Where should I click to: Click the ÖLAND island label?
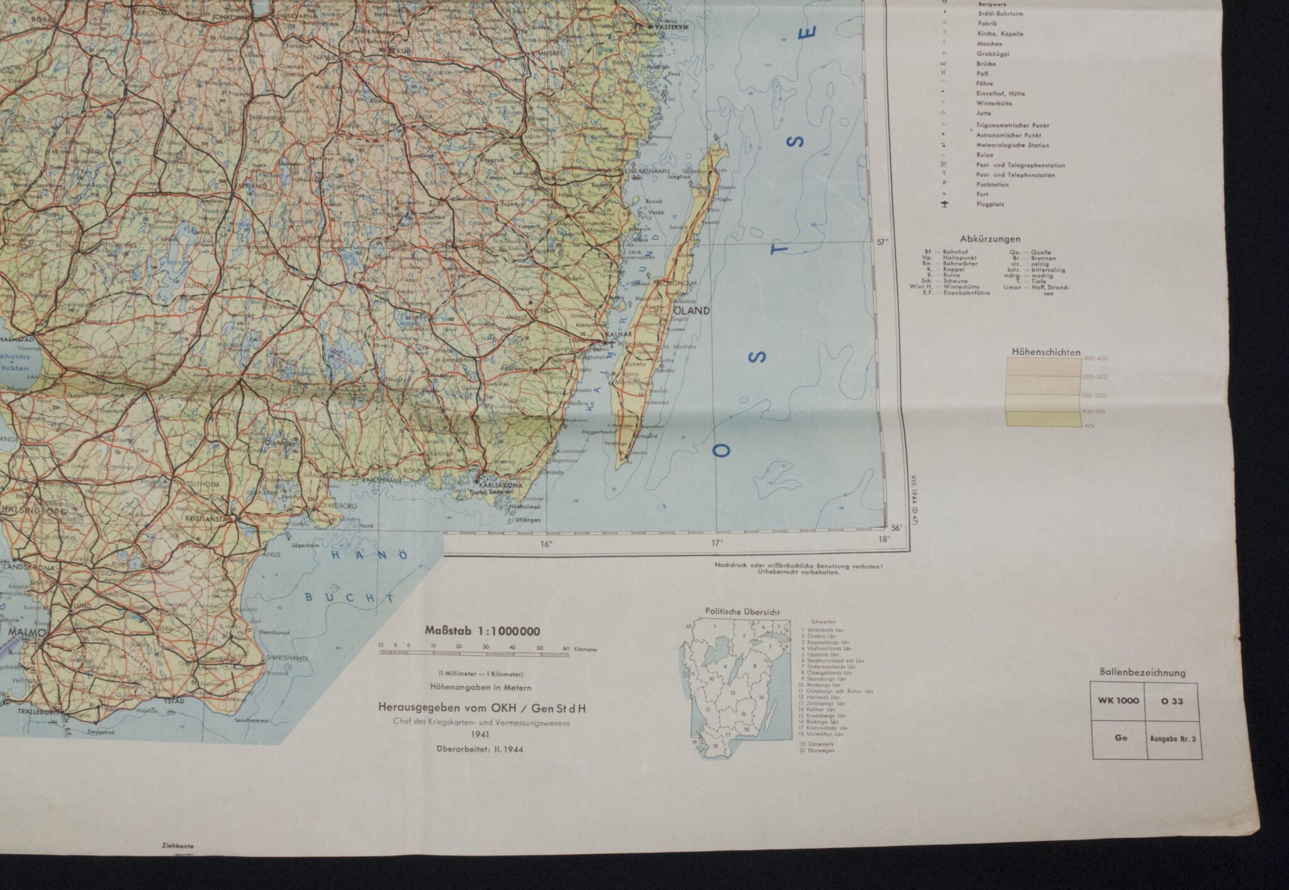(x=692, y=310)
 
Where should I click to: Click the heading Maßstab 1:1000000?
(x=482, y=631)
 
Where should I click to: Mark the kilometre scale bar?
(x=473, y=654)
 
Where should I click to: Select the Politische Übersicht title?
(x=742, y=611)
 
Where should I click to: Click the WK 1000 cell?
(x=1118, y=701)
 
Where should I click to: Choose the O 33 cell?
(x=1173, y=701)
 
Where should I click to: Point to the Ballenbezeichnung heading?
(x=1142, y=672)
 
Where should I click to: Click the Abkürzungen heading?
(x=990, y=239)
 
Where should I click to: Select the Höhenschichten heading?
(x=1046, y=352)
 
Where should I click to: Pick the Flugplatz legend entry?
(x=990, y=205)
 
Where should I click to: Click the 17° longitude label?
(x=717, y=543)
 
